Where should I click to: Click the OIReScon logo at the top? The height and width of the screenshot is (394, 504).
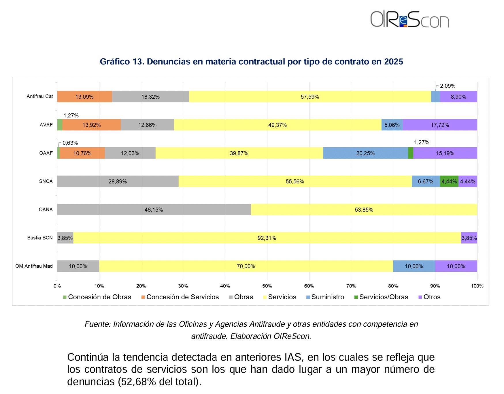tap(409, 19)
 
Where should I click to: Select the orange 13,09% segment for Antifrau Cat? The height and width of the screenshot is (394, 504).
tap(85, 97)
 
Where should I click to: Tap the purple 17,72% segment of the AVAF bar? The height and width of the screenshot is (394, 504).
tap(440, 125)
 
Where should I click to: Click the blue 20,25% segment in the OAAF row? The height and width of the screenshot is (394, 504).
tap(365, 153)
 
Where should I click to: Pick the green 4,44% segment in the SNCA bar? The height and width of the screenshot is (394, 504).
tap(449, 181)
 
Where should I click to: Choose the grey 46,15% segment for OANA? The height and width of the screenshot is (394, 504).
tap(154, 210)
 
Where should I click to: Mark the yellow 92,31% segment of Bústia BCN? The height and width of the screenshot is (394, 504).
tap(267, 238)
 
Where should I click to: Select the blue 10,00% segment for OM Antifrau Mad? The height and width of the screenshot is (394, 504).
tap(414, 266)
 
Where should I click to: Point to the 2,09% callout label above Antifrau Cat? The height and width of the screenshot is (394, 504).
tap(448, 86)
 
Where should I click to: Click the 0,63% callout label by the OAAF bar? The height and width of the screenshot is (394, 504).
tap(70, 143)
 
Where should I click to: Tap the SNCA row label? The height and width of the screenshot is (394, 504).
tap(46, 181)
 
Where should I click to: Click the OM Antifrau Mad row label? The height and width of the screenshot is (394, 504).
tap(34, 266)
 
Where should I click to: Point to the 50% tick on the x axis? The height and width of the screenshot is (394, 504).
tap(267, 286)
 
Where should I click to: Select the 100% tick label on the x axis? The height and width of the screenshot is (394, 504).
tap(477, 286)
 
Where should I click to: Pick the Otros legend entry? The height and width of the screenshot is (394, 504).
tap(429, 297)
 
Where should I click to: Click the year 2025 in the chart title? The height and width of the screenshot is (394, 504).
tap(393, 62)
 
